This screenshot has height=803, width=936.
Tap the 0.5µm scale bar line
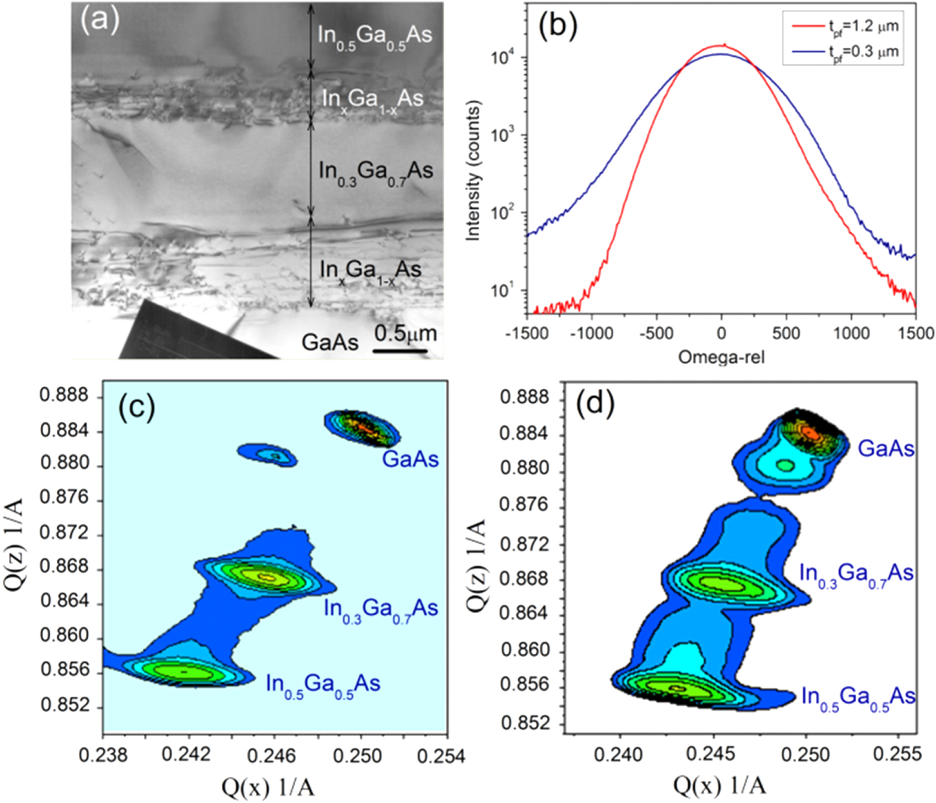pyautogui.click(x=400, y=351)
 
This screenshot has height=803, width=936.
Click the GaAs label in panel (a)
pyautogui.click(x=330, y=342)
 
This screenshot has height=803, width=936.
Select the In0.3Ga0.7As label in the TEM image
pyautogui.click(x=375, y=172)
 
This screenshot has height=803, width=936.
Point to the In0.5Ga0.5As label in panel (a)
pyautogui.click(x=374, y=36)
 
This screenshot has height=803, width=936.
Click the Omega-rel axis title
pyautogui.click(x=721, y=357)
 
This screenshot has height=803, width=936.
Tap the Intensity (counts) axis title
pyautogui.click(x=473, y=171)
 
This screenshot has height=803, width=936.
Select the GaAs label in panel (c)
pyautogui.click(x=411, y=459)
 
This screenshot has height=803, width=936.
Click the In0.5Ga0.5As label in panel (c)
pyautogui.click(x=323, y=684)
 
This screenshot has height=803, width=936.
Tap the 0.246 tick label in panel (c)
pyautogui.click(x=275, y=756)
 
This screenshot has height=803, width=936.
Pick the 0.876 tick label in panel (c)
pyautogui.click(x=63, y=498)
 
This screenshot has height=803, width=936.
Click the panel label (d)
pyautogui.click(x=595, y=404)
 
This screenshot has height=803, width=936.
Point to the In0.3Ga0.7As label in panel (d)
pyautogui.click(x=857, y=574)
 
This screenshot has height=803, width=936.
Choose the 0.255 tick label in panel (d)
pyautogui.click(x=901, y=754)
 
